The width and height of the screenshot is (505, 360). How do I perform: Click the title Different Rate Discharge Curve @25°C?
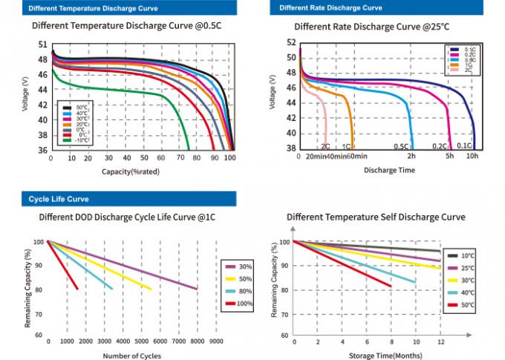tap(371, 27)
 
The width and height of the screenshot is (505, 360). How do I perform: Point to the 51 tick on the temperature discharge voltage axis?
tap(42, 45)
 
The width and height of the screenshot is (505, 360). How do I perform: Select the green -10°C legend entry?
tap(76, 140)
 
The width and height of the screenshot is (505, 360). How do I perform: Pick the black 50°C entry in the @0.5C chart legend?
tap(76, 108)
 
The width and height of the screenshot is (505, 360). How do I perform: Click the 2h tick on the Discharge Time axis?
tap(411, 156)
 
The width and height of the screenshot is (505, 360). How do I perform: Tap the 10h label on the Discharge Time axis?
tap(472, 156)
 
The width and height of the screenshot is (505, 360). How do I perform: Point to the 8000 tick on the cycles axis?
tap(197, 341)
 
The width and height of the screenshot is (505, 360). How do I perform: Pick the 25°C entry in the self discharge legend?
tap(465, 266)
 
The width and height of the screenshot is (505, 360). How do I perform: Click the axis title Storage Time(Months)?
tap(378, 356)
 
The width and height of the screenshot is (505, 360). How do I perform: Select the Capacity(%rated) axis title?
tap(131, 171)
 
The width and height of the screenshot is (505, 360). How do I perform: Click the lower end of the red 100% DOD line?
tap(77, 289)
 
